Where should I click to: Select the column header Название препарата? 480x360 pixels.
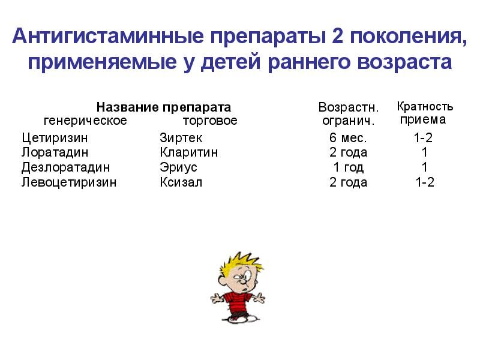[x=164, y=107]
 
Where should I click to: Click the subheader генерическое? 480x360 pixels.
[x=85, y=121]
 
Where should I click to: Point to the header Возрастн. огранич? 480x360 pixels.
[x=348, y=114]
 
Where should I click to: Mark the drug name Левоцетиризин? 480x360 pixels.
[x=69, y=182]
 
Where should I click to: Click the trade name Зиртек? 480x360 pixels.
[x=181, y=137]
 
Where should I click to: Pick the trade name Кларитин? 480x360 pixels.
[x=189, y=152]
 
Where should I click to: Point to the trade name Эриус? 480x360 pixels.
[x=178, y=167]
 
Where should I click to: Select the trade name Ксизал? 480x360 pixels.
[x=181, y=182]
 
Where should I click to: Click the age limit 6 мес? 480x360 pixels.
[x=348, y=137]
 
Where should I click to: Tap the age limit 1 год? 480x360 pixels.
[x=348, y=167]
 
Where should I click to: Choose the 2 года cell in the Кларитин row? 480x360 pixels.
[x=348, y=152]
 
